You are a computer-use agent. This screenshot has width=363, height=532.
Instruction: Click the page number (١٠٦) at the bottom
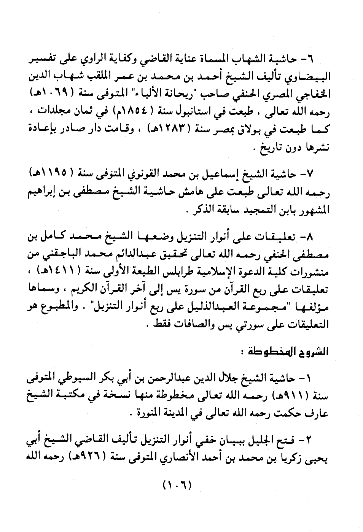pos(177,485)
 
